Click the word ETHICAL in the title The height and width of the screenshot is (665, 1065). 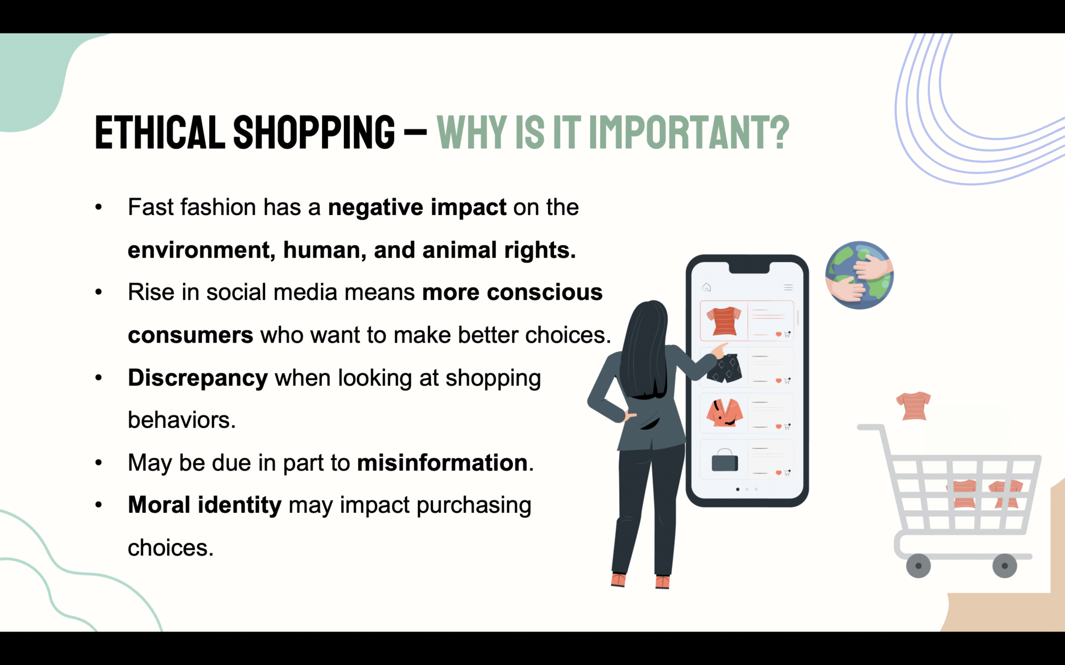(x=160, y=132)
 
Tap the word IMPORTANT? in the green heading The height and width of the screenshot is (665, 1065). (x=689, y=132)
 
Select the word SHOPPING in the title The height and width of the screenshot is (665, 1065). (x=314, y=132)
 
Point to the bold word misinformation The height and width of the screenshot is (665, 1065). (x=442, y=462)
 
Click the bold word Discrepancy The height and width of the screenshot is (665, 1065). (x=198, y=378)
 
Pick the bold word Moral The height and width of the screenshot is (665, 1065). (x=159, y=504)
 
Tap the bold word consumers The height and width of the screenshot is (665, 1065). (x=191, y=335)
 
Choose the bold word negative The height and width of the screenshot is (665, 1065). (x=375, y=207)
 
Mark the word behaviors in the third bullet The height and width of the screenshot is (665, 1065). (x=179, y=420)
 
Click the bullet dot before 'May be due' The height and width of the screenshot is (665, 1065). (x=99, y=462)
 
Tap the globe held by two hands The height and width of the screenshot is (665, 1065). (x=859, y=275)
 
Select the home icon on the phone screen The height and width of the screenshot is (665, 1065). (x=707, y=287)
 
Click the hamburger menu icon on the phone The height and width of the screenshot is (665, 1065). (x=788, y=287)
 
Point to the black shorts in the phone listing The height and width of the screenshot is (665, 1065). (x=725, y=368)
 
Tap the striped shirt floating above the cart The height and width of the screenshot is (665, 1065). (x=913, y=406)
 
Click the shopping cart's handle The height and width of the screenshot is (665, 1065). (x=869, y=427)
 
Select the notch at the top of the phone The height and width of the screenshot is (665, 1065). (x=749, y=267)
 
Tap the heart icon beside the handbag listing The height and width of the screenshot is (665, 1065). (x=779, y=472)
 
